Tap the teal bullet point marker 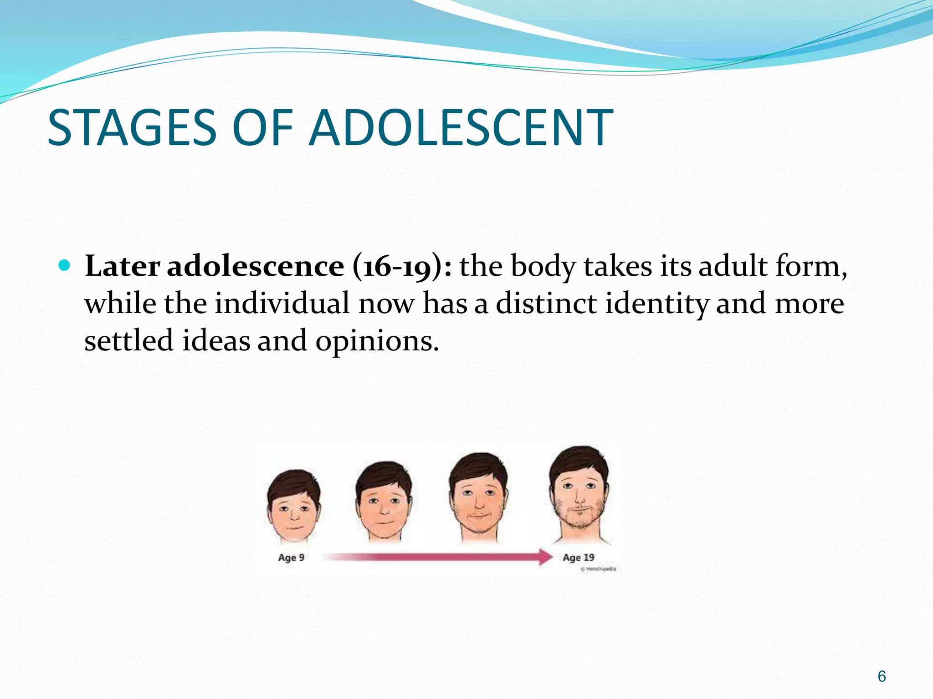point(65,265)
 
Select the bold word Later point(122,266)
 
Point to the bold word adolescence point(256,267)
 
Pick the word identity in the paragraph point(656,304)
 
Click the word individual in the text point(282,304)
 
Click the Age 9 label point(291,557)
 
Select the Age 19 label point(578,557)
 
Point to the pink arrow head point(545,557)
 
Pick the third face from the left point(478,496)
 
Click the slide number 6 point(882,676)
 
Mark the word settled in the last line point(129,341)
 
